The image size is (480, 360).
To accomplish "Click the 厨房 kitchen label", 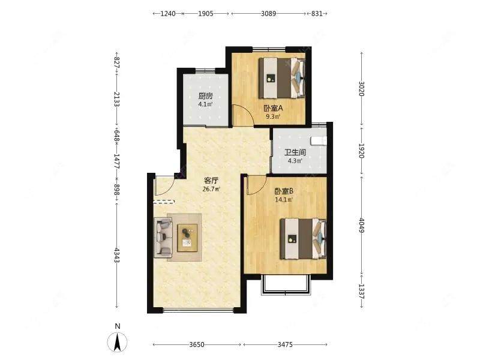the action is [205, 96].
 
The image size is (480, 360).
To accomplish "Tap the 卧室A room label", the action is [273, 108].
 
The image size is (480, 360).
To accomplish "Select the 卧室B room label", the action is [283, 191].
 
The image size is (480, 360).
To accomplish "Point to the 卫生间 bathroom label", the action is [295, 152].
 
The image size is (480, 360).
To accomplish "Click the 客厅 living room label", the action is [211, 181].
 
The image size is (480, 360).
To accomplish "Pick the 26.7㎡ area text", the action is [211, 189].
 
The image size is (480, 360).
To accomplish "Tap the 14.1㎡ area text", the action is [284, 200].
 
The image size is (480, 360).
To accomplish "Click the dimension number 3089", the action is [268, 13].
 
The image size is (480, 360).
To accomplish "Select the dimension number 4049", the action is [362, 226].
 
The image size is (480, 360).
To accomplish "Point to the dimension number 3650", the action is [197, 344].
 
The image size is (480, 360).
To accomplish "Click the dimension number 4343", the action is [116, 255].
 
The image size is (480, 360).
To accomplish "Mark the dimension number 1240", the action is [168, 13].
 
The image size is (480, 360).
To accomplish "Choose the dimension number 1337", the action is [362, 292].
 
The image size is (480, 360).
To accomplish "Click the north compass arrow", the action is [117, 342].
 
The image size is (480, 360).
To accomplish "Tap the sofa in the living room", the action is [163, 236].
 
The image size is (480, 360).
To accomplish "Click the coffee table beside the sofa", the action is [187, 238].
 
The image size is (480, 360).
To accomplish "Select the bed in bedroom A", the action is [282, 78].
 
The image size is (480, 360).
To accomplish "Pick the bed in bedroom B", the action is [304, 238].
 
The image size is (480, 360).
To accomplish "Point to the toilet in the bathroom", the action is [319, 141].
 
